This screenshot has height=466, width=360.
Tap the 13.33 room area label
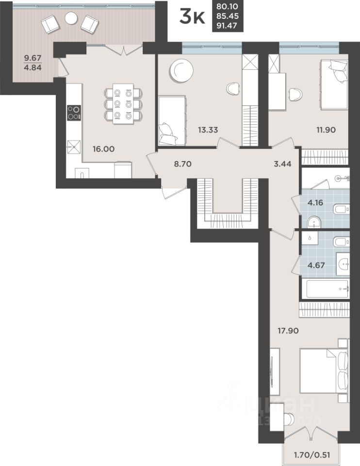click(x=208, y=130)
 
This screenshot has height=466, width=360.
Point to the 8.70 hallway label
click(x=182, y=164)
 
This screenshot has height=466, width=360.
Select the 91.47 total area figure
click(x=227, y=25)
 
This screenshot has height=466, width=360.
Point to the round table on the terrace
click(x=71, y=18)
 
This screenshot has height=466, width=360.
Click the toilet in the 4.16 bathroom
click(x=341, y=209)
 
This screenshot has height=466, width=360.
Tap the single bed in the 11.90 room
click(x=334, y=85)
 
